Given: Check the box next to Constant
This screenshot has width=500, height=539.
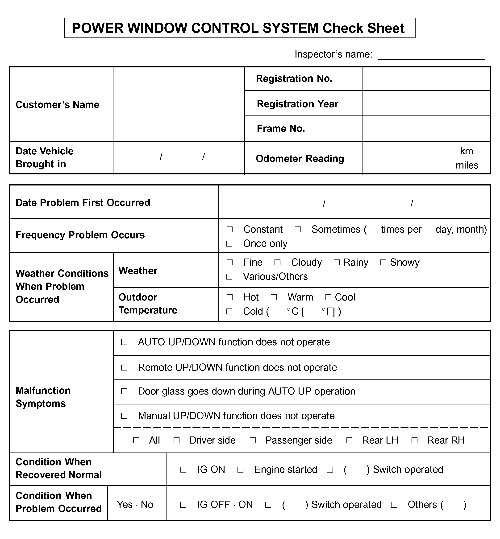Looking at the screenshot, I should pyautogui.click(x=229, y=230).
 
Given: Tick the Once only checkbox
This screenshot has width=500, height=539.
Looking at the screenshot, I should pyautogui.click(x=229, y=243).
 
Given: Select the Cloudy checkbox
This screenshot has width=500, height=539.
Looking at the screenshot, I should pyautogui.click(x=277, y=263).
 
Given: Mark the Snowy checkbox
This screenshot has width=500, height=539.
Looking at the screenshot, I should pyautogui.click(x=383, y=263).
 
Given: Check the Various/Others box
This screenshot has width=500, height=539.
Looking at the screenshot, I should pyautogui.click(x=229, y=276).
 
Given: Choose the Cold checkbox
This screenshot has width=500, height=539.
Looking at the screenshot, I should pyautogui.click(x=229, y=311).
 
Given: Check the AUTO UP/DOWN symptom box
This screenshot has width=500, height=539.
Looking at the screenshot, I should pyautogui.click(x=124, y=342).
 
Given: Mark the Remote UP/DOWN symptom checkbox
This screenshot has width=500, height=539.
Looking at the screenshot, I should pyautogui.click(x=124, y=368).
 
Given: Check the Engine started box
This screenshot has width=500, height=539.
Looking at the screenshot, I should pyautogui.click(x=240, y=469).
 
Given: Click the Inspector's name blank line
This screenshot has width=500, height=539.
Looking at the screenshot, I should pyautogui.click(x=431, y=55).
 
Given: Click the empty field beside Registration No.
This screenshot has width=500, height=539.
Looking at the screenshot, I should pyautogui.click(x=426, y=79).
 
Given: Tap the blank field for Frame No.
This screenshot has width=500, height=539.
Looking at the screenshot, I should pyautogui.click(x=426, y=129).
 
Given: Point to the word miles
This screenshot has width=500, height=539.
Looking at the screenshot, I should pyautogui.click(x=467, y=165).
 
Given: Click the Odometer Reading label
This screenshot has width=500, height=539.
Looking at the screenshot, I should pyautogui.click(x=300, y=159).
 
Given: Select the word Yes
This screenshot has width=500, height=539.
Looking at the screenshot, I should pyautogui.click(x=125, y=505).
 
